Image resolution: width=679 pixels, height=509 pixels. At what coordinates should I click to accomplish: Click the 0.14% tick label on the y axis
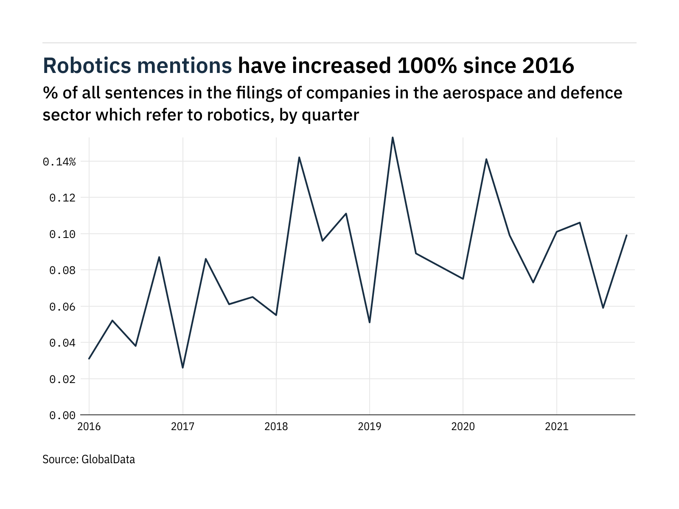59,162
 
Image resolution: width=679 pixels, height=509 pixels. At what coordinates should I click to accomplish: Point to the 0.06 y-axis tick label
62,307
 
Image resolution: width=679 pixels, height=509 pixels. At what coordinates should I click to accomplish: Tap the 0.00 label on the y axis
62,415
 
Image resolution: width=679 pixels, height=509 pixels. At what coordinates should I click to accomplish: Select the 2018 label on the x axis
276,426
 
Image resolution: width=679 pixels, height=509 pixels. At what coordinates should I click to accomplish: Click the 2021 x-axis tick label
556,426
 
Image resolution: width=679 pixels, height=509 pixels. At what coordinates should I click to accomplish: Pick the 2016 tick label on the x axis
89,426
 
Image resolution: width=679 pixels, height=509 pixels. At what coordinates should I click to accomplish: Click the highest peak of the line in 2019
393,137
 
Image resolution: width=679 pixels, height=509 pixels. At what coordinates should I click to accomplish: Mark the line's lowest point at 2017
182,367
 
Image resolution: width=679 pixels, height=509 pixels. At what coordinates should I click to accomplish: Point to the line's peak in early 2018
299,157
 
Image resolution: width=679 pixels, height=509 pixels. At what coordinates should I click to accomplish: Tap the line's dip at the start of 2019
370,322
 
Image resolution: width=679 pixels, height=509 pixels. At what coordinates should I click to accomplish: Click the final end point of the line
626,235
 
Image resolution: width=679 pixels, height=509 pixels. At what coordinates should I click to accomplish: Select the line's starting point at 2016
89,359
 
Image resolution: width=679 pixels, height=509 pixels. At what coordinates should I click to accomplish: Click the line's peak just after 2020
486,159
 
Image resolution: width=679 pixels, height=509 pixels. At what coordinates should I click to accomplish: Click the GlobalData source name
108,459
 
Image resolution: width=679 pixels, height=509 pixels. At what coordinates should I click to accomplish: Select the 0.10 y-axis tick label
62,234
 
